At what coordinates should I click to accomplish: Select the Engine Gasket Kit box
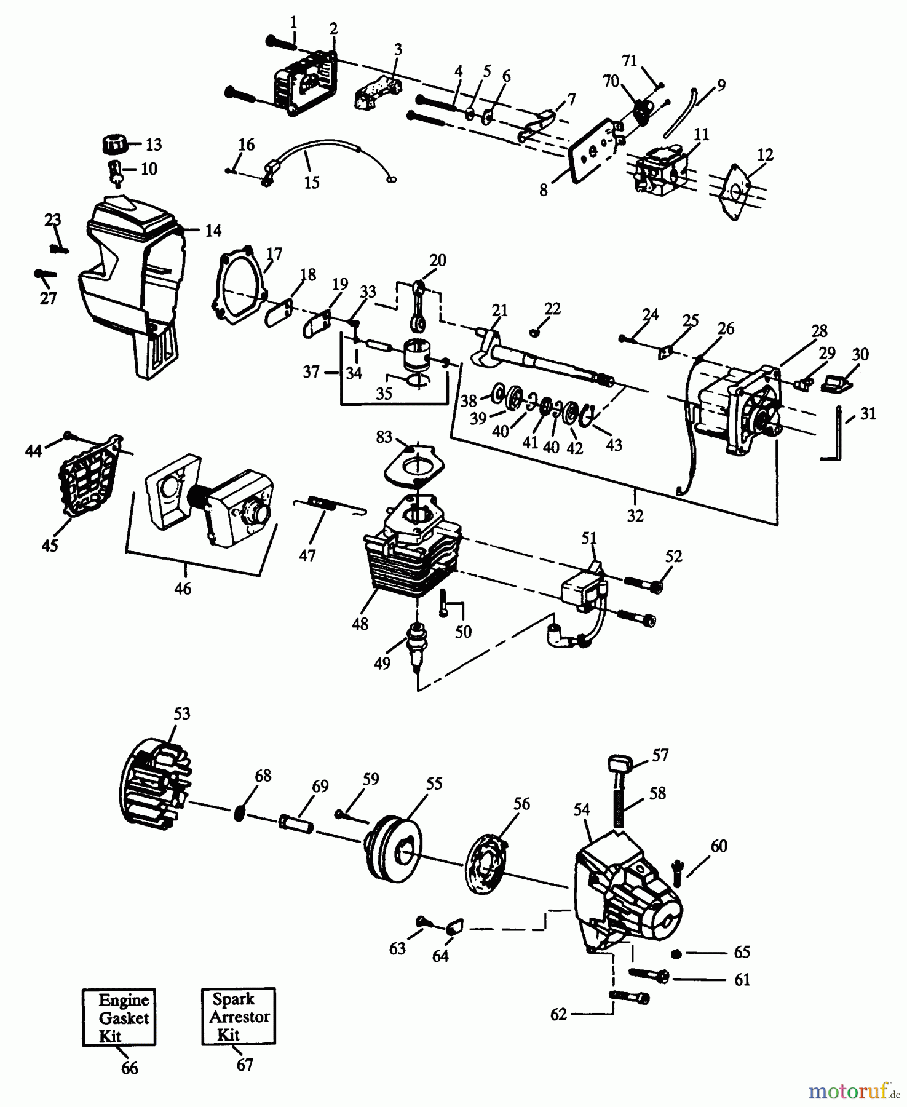pos(119,1017)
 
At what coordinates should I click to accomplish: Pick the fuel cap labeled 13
pos(113,146)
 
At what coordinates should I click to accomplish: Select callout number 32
pos(635,515)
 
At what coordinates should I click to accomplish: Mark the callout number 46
pos(183,588)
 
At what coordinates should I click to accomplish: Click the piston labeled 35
pos(416,354)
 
